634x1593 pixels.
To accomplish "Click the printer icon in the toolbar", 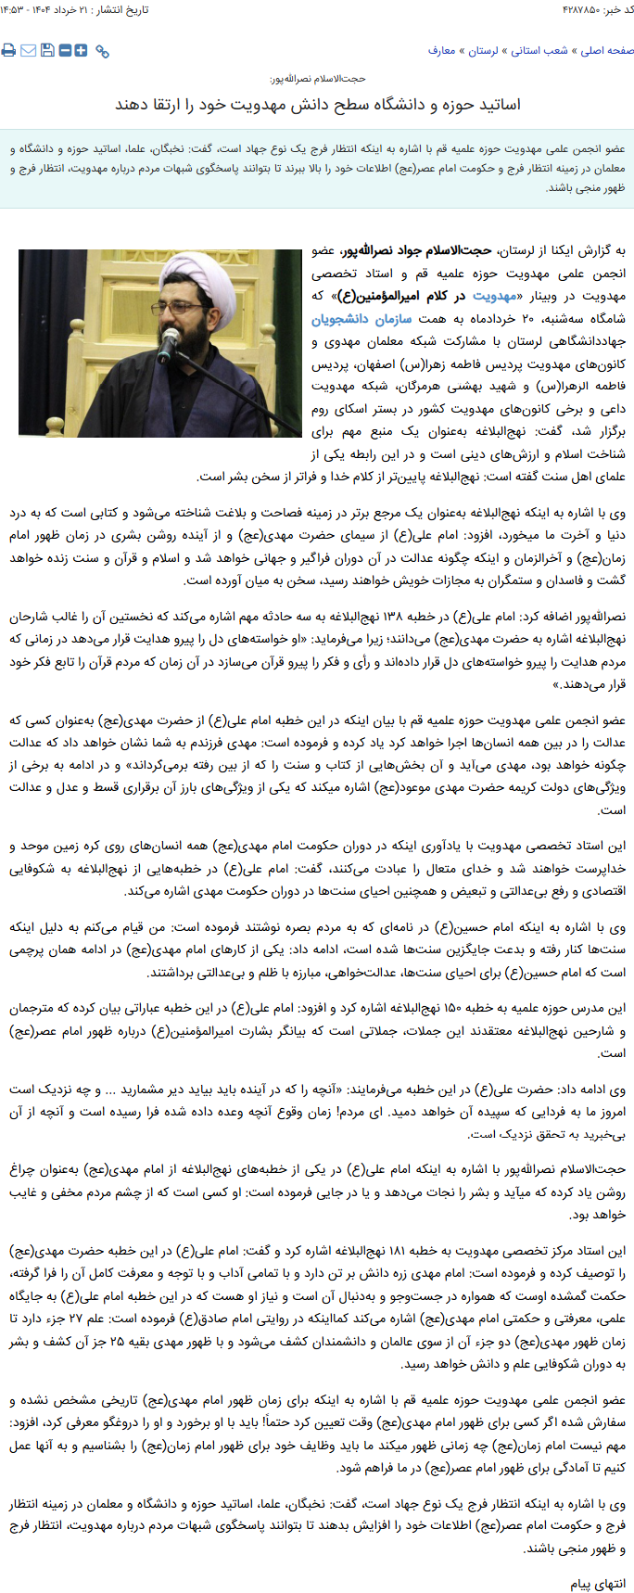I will (8, 50).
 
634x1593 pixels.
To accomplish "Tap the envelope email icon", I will (28, 50).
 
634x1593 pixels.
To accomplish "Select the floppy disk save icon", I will (46, 50).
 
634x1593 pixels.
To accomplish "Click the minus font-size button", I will (65, 50).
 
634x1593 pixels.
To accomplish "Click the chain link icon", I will (102, 51).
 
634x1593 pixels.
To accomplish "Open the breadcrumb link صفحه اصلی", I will (608, 51).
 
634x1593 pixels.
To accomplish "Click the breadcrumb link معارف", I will (441, 51).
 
